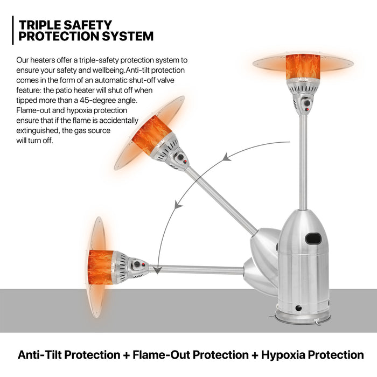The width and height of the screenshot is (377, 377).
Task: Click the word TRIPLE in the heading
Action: (x=41, y=25)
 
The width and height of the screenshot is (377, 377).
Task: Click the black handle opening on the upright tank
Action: (x=313, y=239)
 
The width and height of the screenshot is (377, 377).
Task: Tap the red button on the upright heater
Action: (x=307, y=109)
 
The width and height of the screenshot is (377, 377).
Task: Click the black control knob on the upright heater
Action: (x=307, y=103)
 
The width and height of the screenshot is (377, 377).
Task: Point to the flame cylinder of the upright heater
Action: (x=303, y=67)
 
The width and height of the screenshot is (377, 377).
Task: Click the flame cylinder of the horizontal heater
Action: (x=101, y=267)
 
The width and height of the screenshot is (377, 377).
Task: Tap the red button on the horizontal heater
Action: (x=143, y=265)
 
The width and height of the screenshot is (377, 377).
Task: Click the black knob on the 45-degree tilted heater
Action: (x=180, y=157)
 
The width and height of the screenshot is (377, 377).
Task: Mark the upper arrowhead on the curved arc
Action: (x=226, y=157)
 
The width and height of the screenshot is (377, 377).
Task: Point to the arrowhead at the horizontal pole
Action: (x=157, y=270)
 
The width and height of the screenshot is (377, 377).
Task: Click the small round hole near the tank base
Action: (x=298, y=308)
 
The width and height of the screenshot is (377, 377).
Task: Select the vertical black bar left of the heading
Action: (x=13, y=30)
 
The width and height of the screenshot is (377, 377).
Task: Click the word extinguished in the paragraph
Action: (x=38, y=130)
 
